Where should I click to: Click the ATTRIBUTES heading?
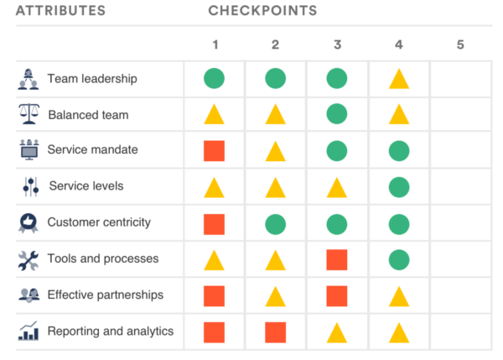tap(60, 11)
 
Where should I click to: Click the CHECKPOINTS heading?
tap(262, 11)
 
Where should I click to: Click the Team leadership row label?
tap(92, 79)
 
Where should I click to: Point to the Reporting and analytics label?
tap(111, 331)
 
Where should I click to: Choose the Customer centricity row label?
tap(99, 222)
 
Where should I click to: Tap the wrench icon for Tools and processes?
tap(29, 259)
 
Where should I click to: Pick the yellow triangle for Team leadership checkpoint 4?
tap(399, 80)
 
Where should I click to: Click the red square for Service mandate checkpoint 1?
tap(214, 151)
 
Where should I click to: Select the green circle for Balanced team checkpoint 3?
tap(337, 115)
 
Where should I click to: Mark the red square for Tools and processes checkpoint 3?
tap(337, 259)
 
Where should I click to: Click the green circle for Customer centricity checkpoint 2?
tap(275, 223)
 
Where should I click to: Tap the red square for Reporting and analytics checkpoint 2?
tap(275, 332)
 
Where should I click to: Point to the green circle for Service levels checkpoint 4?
tap(399, 187)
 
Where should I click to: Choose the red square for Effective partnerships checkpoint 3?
tap(337, 295)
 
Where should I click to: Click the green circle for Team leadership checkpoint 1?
tap(214, 79)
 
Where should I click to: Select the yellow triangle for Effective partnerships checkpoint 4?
tap(399, 297)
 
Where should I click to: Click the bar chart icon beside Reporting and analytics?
tap(29, 331)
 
